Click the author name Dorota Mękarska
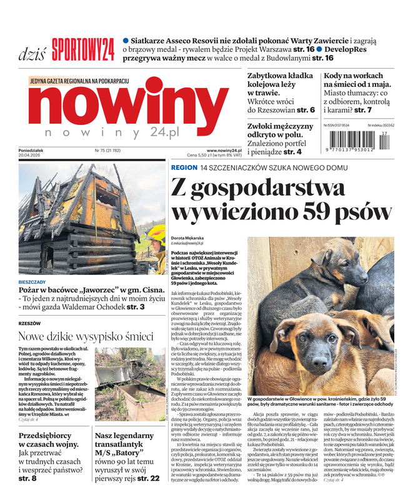(189, 237)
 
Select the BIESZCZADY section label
(36, 282)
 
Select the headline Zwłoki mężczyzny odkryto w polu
(280, 130)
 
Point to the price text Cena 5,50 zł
(201, 156)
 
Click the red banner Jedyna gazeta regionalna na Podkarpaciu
(79, 81)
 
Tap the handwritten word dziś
(32, 52)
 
